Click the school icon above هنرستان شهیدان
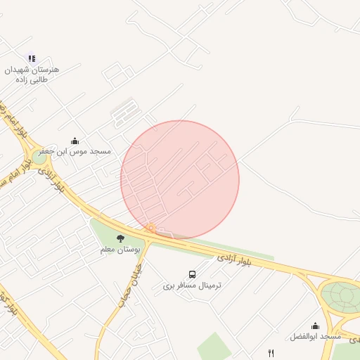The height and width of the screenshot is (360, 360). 31,58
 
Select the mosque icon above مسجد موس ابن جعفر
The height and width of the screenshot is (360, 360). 75,141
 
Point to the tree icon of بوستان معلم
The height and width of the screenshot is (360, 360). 120,239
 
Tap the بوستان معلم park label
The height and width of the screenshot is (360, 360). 120,250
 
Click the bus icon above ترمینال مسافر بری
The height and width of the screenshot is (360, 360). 192,274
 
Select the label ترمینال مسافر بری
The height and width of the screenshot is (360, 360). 192,285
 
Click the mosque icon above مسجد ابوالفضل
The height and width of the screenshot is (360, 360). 315,326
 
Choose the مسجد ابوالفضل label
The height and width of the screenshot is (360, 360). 314,336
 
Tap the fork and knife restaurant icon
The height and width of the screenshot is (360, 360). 271,352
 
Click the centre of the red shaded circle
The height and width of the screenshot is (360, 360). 180,180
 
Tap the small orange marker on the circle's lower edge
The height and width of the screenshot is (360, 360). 150,229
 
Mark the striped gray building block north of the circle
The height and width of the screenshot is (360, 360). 125,112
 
